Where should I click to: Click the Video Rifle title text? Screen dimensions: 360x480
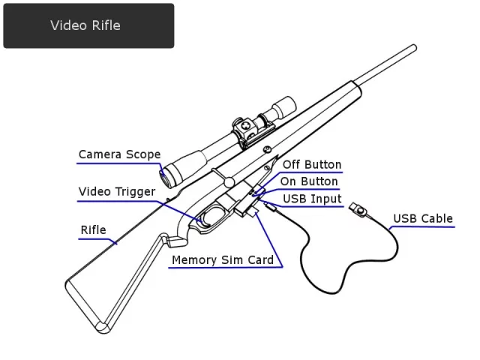85,25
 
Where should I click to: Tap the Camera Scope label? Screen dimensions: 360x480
119,155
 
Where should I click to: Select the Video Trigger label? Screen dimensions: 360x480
117,192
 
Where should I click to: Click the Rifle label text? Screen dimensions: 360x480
94,230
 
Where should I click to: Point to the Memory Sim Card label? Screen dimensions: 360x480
223,260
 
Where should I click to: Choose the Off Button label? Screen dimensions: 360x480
312,165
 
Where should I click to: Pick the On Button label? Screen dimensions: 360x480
309,182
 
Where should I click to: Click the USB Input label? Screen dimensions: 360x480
312,199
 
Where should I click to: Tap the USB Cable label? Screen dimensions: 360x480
423,219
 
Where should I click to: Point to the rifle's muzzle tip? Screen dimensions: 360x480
413,49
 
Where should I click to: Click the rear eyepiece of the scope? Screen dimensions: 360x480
166,173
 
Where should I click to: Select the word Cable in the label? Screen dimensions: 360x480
437,219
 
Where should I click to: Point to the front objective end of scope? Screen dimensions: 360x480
285,103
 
